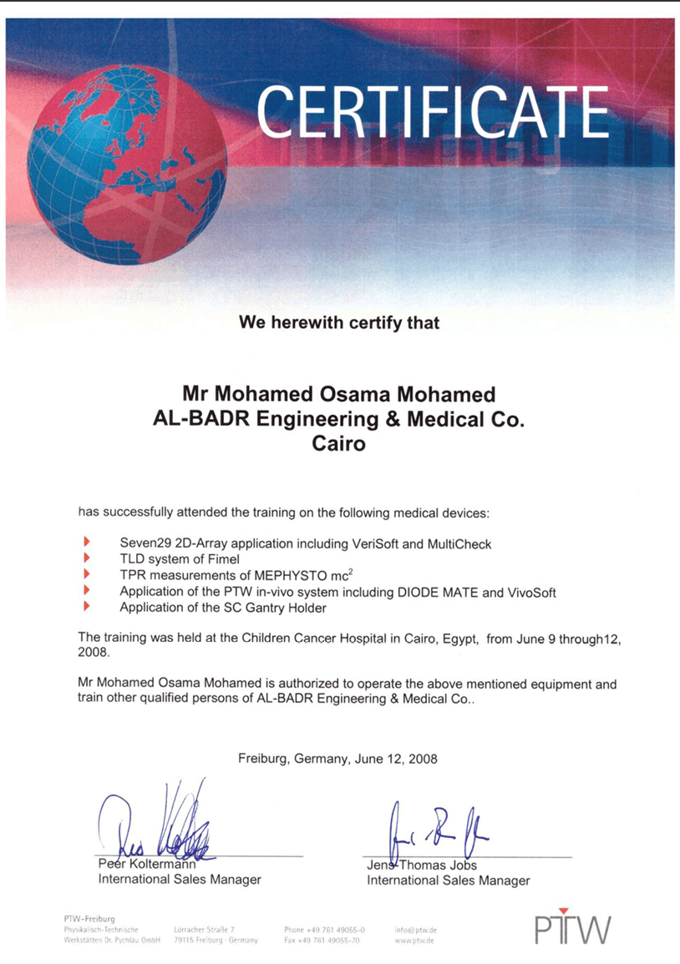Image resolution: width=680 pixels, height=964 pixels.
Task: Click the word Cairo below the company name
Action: [338, 443]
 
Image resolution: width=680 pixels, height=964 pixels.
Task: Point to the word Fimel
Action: [222, 559]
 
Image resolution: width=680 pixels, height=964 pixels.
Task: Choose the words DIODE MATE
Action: [437, 592]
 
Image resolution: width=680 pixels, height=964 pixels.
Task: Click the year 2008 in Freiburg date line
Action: [421, 759]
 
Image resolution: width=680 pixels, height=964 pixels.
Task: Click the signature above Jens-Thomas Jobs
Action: [434, 829]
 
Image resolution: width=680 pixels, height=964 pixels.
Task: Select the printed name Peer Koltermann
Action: [147, 865]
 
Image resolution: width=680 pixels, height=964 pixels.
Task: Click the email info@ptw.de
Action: [416, 929]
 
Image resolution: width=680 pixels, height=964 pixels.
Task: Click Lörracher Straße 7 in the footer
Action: [204, 929]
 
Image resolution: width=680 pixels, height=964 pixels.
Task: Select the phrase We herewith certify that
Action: [338, 321]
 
